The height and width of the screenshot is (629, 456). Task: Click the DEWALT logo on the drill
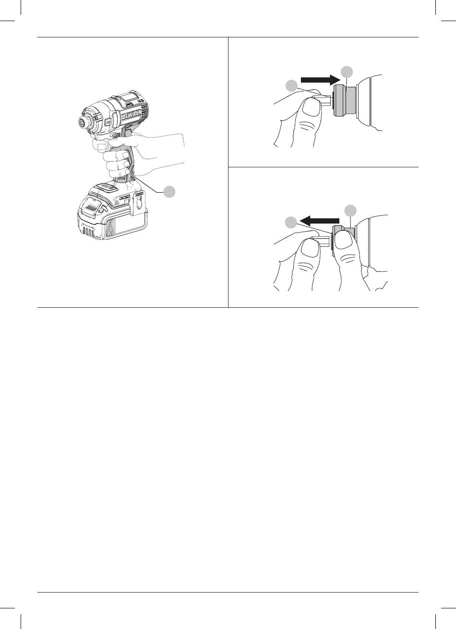[x=132, y=114]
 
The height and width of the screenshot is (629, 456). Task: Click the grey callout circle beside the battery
[x=169, y=191]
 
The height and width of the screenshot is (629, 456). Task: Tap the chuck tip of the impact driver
[x=83, y=121]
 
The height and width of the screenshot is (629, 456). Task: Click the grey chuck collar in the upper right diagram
[x=345, y=101]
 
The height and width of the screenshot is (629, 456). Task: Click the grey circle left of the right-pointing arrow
[x=291, y=86]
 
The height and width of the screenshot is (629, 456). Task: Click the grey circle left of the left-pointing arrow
[x=291, y=222]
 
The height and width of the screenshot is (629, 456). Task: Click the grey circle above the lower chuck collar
[x=350, y=210]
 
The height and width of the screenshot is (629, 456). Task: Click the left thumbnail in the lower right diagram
[x=310, y=249]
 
